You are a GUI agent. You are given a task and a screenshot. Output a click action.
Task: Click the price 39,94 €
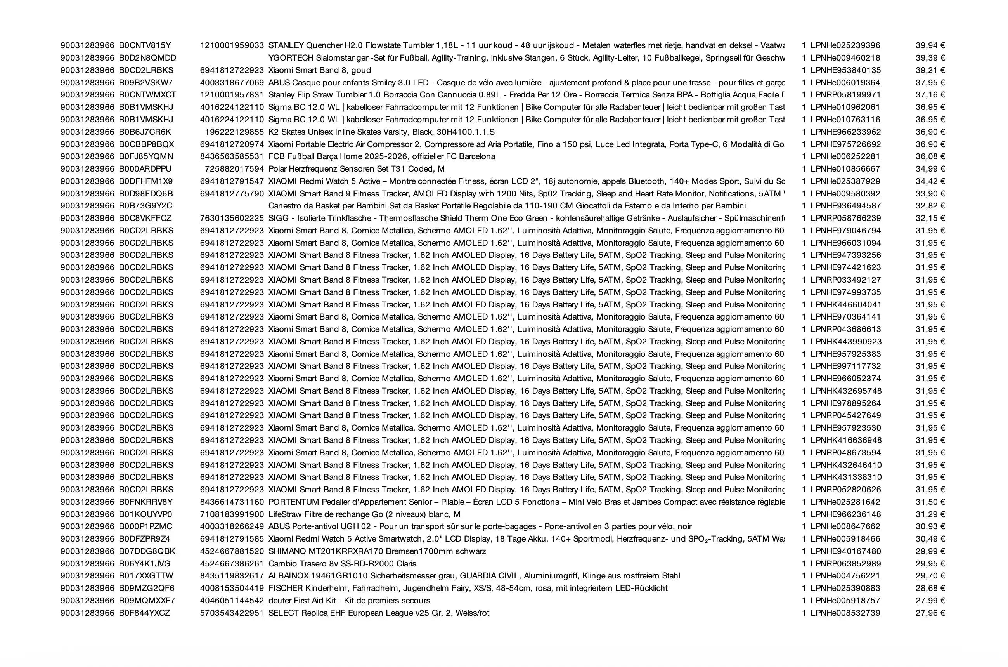930,45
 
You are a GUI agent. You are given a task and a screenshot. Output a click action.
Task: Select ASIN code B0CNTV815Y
145,45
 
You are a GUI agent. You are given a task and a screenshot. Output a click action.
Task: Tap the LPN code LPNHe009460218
845,58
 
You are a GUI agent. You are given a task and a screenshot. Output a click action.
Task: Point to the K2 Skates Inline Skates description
381,132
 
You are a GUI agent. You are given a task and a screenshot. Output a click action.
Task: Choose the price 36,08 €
930,156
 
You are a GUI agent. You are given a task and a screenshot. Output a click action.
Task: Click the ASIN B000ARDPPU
145,169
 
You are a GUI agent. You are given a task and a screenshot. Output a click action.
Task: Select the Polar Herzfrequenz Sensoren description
356,169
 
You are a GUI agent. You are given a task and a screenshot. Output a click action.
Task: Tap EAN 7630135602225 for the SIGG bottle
232,218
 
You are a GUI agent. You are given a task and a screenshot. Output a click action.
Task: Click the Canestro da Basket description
507,206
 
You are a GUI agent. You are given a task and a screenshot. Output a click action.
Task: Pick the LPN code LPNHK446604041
845,304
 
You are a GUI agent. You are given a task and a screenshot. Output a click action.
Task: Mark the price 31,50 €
930,502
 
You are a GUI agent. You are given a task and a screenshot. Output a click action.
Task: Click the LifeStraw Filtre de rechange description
364,514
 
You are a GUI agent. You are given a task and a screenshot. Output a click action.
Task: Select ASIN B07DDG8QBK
147,551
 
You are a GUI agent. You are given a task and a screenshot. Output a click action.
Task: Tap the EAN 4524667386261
232,564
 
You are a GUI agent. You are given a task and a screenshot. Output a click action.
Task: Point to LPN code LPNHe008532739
845,613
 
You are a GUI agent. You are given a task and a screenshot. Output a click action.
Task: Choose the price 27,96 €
930,613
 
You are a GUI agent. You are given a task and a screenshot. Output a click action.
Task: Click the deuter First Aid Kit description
349,601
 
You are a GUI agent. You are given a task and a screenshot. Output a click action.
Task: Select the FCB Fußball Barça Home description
381,156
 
